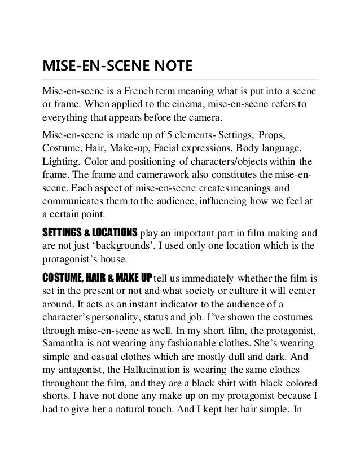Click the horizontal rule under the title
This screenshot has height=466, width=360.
click(x=181, y=80)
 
